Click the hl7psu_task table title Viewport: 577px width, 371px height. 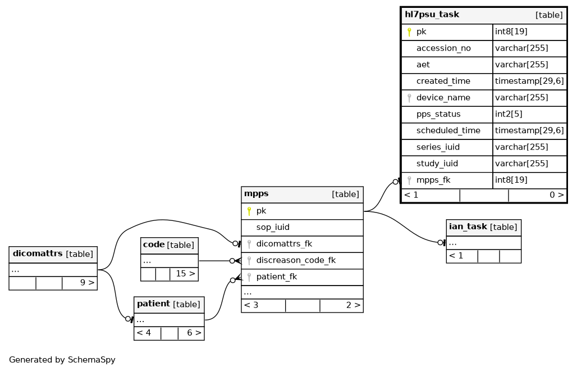click(x=432, y=15)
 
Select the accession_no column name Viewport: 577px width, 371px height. click(x=443, y=48)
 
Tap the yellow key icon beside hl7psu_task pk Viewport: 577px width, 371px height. click(x=409, y=32)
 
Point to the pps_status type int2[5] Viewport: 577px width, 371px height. click(x=509, y=114)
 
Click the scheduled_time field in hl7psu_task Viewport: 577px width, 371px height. click(x=448, y=131)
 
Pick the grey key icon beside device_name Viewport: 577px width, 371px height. click(x=409, y=98)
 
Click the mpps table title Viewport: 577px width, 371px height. click(x=256, y=194)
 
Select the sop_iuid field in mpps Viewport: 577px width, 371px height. click(x=273, y=227)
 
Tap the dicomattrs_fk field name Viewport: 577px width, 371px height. click(x=284, y=244)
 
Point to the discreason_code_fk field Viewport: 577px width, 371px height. click(x=296, y=260)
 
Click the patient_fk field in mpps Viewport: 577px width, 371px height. click(x=276, y=277)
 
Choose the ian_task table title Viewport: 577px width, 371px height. click(x=468, y=227)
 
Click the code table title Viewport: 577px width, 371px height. click(x=153, y=245)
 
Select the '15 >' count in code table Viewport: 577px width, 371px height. click(x=185, y=274)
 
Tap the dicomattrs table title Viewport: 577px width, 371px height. click(x=38, y=254)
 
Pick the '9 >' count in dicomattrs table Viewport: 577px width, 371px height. click(x=87, y=283)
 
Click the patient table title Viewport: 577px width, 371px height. click(x=153, y=304)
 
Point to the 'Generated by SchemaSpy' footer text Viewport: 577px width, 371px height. click(x=62, y=360)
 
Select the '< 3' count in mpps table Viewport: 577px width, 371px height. click(x=251, y=305)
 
